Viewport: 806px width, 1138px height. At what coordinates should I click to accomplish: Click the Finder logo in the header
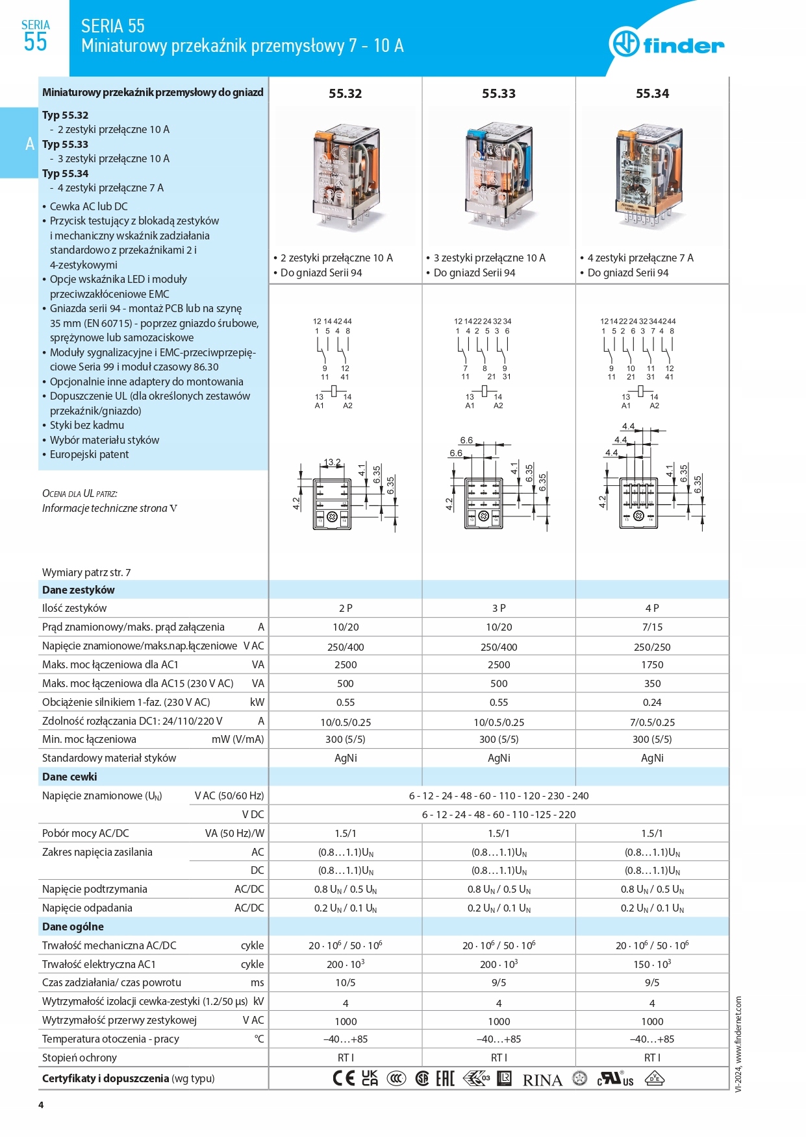(666, 44)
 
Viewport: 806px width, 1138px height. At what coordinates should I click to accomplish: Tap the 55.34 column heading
(652, 93)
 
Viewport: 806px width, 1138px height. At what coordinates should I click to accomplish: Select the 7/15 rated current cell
(652, 627)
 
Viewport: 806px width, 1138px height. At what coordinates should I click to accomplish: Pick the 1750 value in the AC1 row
(652, 665)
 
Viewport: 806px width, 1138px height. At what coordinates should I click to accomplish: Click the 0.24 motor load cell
(652, 703)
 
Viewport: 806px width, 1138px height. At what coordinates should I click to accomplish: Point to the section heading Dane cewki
(69, 777)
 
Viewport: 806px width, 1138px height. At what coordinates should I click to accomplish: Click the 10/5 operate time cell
(346, 983)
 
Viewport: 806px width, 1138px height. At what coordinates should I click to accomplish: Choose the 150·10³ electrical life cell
(652, 964)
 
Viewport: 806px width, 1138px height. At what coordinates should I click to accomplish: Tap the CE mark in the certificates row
(344, 1078)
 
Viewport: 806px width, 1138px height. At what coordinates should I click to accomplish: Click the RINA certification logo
(542, 1080)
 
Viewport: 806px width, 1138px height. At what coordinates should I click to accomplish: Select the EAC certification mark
(445, 1078)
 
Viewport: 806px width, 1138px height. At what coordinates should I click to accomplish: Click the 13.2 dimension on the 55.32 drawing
(332, 463)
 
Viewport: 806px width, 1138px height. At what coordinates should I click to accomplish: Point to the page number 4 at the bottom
(41, 1105)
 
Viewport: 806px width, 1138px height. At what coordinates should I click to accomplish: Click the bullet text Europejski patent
(89, 454)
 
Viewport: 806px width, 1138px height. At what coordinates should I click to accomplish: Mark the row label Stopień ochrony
(79, 1058)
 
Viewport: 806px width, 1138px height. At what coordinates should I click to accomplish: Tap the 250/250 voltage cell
(652, 647)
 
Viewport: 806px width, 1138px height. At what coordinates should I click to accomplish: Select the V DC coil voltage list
(499, 814)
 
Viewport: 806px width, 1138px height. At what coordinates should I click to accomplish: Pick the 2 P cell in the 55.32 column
(346, 609)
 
